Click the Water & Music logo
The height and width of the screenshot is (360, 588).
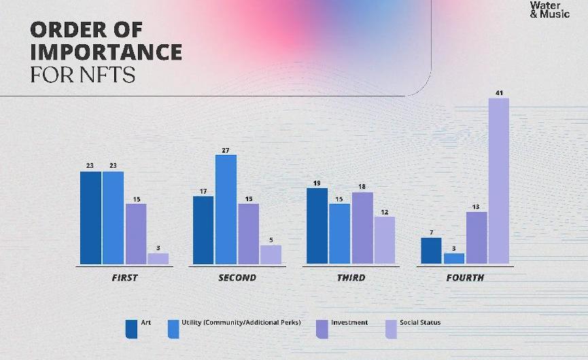(x=550, y=10)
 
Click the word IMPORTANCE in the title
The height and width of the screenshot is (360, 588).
(x=106, y=52)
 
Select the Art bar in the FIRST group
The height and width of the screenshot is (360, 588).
(x=90, y=217)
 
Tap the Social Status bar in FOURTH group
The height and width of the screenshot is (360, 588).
(x=498, y=181)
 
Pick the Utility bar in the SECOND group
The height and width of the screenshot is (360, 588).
(x=226, y=209)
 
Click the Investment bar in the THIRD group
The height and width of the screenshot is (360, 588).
(x=362, y=228)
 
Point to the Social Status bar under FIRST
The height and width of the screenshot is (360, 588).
(x=158, y=258)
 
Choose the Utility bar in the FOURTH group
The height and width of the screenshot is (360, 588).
(x=454, y=258)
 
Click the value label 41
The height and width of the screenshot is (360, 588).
(x=499, y=92)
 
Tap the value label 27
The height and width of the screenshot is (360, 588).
(x=226, y=149)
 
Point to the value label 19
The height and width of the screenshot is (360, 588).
(x=317, y=183)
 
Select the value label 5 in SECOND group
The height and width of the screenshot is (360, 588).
(x=271, y=240)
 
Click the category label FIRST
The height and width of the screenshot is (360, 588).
(x=124, y=278)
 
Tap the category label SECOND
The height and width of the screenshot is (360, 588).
(x=237, y=278)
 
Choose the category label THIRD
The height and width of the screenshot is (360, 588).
(x=351, y=278)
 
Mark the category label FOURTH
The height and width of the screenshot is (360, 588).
(x=465, y=278)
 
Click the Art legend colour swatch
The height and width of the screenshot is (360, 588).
(x=131, y=328)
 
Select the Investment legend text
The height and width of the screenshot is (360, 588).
(x=349, y=322)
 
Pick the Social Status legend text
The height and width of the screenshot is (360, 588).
(x=420, y=322)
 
